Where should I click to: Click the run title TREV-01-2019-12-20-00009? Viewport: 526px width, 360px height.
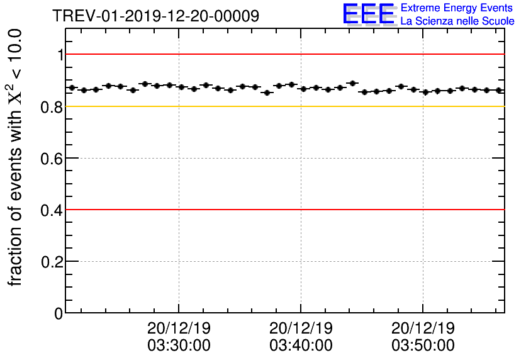coord(155,16)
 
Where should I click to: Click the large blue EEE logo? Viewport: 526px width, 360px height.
coord(369,14)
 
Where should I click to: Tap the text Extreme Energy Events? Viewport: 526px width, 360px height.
coord(457,8)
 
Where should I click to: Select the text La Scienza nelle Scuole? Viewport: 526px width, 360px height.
coord(457,21)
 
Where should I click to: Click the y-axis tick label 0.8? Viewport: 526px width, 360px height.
coord(53,107)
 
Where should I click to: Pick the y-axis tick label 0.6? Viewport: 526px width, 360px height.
coord(53,158)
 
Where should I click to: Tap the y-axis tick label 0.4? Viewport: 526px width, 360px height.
coord(53,210)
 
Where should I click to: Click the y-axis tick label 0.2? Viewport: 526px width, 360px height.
coord(53,261)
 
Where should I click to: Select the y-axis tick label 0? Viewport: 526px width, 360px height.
coord(59,313)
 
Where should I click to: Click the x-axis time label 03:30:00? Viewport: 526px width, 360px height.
coord(179,346)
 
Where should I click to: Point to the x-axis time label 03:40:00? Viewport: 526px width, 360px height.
coord(301,346)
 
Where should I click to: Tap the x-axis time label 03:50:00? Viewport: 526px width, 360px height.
coord(423,346)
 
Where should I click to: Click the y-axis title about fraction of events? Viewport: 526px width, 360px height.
coord(17,157)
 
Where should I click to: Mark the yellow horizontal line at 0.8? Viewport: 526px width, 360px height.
coord(283,106)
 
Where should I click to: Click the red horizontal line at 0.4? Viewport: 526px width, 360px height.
coord(283,209)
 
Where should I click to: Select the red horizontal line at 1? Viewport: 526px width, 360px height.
coord(283,55)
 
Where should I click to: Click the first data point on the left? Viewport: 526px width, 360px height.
coord(72,87)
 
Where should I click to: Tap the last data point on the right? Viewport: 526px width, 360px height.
coord(499,90)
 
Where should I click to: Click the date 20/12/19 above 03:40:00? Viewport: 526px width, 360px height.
coord(301,328)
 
